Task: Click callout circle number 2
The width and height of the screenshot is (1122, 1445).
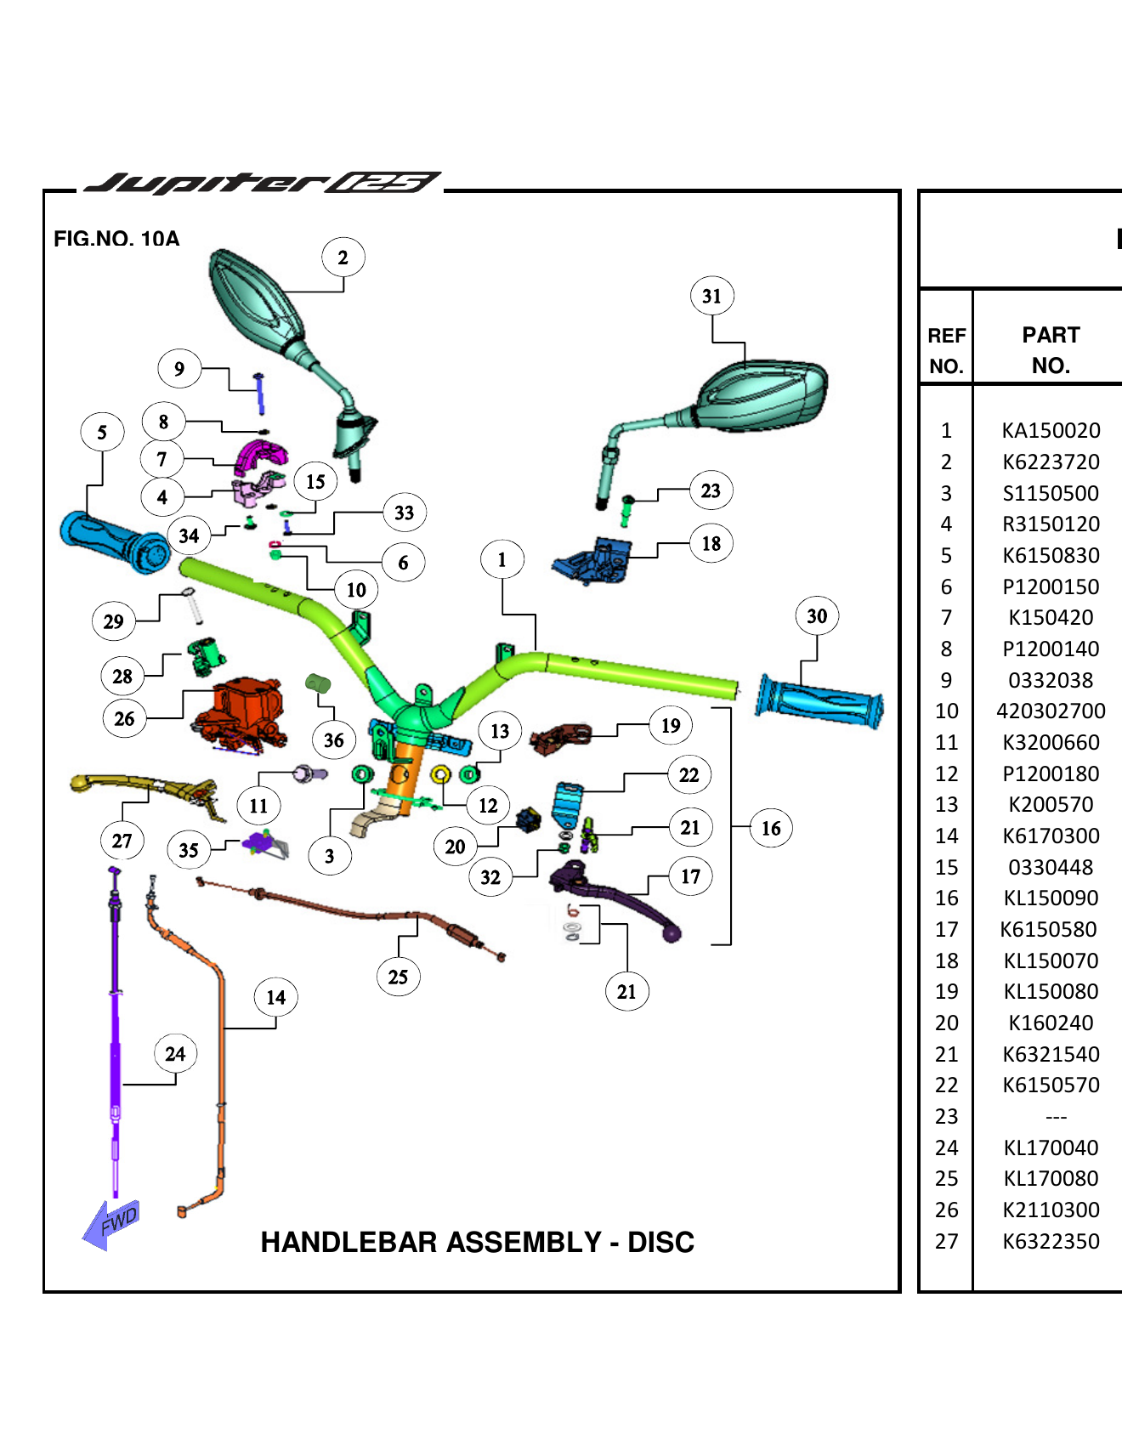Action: click(x=343, y=258)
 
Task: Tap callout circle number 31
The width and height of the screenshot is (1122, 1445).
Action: click(x=711, y=296)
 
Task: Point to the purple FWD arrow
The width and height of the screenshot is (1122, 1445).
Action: click(x=111, y=1224)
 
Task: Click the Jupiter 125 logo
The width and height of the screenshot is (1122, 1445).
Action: click(x=263, y=183)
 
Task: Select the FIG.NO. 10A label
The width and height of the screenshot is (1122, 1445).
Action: click(x=116, y=239)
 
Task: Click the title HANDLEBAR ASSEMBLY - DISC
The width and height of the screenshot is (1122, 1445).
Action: click(x=477, y=1242)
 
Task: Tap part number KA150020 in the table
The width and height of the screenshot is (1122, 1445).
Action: click(x=1051, y=430)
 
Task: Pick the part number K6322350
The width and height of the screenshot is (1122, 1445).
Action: click(x=1051, y=1241)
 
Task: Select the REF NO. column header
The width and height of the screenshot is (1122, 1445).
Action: click(x=946, y=350)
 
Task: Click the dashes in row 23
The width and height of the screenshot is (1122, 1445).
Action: click(x=1056, y=1117)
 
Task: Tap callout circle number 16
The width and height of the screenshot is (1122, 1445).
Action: click(x=771, y=828)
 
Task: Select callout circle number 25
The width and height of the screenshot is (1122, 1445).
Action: click(x=398, y=977)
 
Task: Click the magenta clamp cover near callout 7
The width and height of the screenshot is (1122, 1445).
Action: click(x=259, y=456)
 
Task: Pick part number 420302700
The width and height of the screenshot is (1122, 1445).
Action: click(x=1051, y=711)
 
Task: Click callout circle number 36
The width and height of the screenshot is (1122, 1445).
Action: click(x=333, y=740)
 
